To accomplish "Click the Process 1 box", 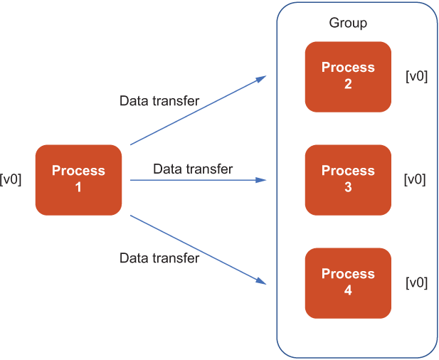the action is (x=78, y=180).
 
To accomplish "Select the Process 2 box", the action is (x=348, y=77).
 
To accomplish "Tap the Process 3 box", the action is (x=348, y=180).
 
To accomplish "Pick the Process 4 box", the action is (x=348, y=283).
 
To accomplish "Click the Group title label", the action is (x=348, y=23).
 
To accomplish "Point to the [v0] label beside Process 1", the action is (x=11, y=179).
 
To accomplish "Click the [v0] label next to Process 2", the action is (x=417, y=76).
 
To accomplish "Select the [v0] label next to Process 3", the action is (x=415, y=179).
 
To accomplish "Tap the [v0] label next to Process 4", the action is (x=417, y=282).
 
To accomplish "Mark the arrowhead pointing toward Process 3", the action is (x=261, y=180).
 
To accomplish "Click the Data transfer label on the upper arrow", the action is (x=159, y=101).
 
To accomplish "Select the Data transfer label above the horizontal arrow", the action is (x=193, y=169).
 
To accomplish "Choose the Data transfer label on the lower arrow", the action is (x=159, y=258).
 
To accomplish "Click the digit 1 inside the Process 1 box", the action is (x=78, y=187).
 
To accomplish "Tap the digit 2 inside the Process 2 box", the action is (x=348, y=84).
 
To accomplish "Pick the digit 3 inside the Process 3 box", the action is (x=348, y=187).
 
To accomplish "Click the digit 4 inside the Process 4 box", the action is (x=348, y=290).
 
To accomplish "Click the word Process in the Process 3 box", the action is (x=348, y=171).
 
